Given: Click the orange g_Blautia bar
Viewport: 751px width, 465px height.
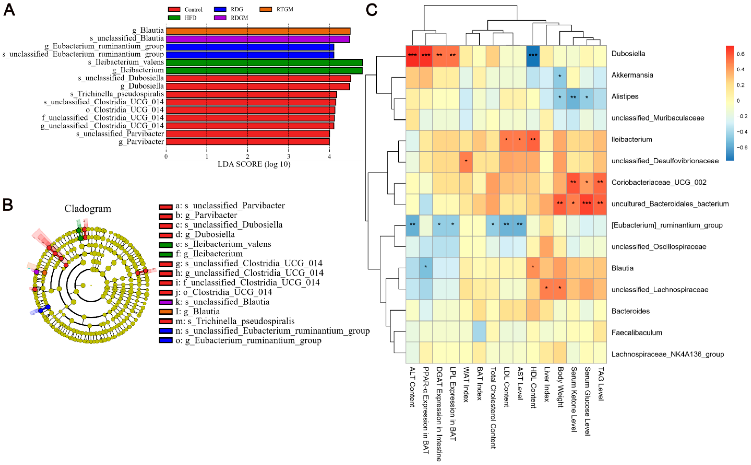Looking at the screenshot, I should pyautogui.click(x=258, y=31).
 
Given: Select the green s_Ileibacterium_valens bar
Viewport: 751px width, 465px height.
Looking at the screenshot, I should pyautogui.click(x=264, y=62).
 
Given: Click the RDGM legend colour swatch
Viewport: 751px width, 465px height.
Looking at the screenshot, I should pyautogui.click(x=220, y=17).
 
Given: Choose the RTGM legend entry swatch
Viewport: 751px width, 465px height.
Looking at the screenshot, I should pyautogui.click(x=266, y=9).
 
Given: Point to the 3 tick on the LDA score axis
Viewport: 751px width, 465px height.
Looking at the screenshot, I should pyautogui.click(x=288, y=156).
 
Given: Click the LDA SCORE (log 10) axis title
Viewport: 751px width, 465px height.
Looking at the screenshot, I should pyautogui.click(x=254, y=164).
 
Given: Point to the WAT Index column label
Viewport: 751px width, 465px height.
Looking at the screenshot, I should pyautogui.click(x=466, y=384).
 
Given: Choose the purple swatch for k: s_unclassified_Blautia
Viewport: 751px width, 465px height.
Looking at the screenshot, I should pyautogui.click(x=165, y=302).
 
